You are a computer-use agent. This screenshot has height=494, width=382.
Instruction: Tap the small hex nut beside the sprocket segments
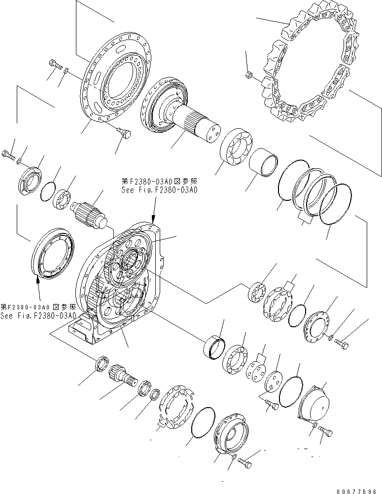249,75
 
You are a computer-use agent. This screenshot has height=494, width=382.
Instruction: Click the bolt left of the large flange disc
54,64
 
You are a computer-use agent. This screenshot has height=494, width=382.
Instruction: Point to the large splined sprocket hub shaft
182,113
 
